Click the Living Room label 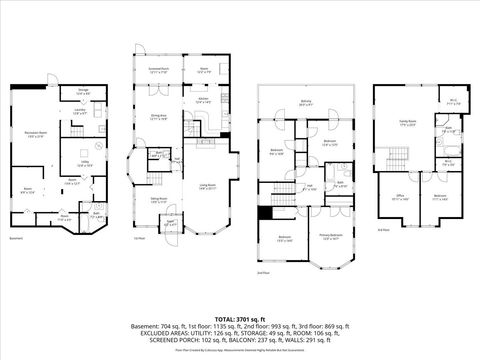coord(208,187)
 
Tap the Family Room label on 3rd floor coord(408,124)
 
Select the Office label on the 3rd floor coord(399,197)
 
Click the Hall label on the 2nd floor coord(311,186)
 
